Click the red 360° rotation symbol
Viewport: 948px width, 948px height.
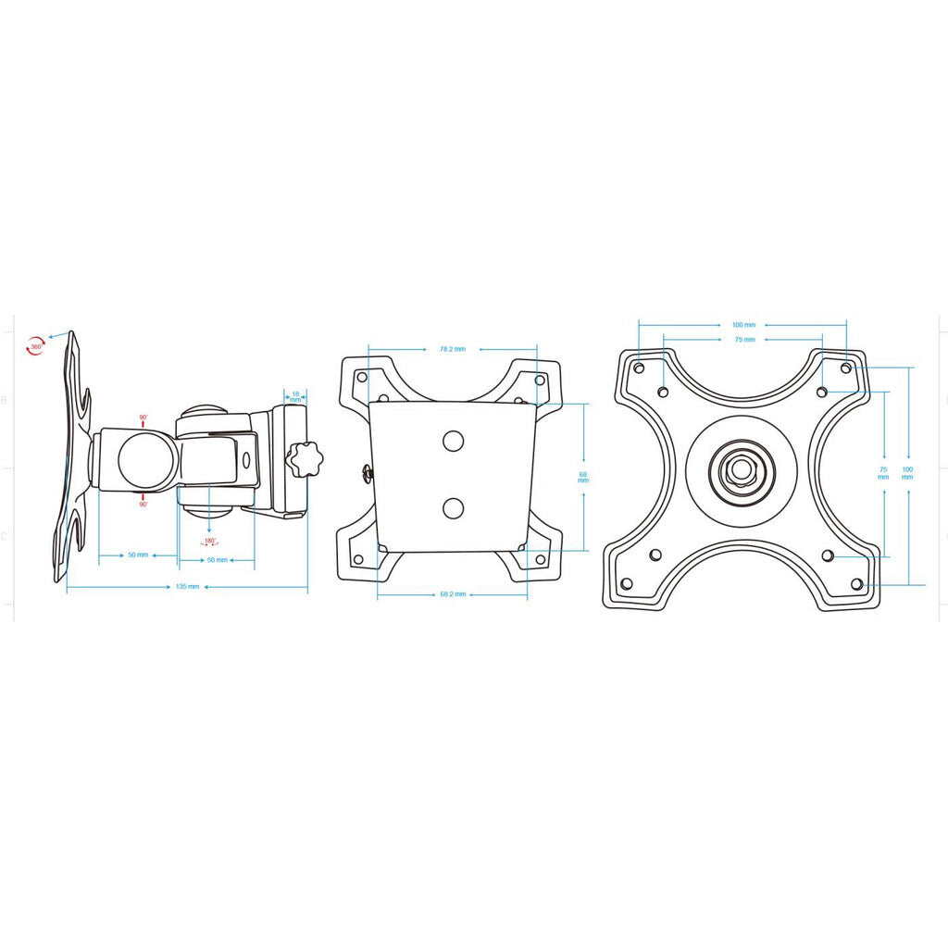click(35, 345)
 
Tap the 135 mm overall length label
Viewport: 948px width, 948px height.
click(187, 587)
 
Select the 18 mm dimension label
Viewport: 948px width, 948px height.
click(295, 396)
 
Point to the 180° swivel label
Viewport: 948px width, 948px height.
click(209, 541)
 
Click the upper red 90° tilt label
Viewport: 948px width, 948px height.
click(143, 418)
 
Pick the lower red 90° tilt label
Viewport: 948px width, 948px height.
click(143, 505)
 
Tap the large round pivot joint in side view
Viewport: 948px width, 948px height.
click(142, 461)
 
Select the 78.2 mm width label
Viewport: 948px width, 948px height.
click(452, 349)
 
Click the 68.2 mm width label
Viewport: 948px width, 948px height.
click(452, 594)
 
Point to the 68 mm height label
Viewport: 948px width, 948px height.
click(583, 477)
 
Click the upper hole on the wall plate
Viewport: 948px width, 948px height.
click(453, 440)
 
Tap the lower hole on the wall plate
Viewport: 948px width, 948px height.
click(453, 507)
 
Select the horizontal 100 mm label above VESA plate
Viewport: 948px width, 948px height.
click(743, 325)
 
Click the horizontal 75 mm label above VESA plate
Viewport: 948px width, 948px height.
click(744, 340)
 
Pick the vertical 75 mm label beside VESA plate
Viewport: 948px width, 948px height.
click(883, 472)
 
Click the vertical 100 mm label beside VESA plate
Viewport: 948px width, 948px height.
click(907, 472)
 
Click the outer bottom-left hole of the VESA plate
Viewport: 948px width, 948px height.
click(627, 584)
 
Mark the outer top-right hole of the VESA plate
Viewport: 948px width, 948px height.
click(845, 368)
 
